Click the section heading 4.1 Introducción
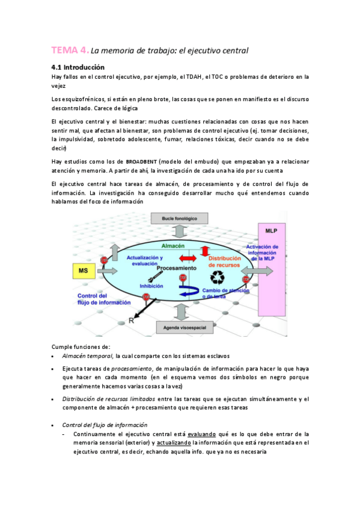tap(78, 67)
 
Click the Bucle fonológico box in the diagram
tap(180, 218)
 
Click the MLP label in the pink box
tap(272, 231)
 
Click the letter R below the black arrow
tap(132, 320)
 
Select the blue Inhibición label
tap(151, 286)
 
